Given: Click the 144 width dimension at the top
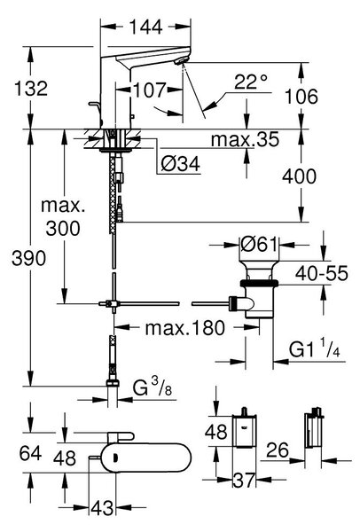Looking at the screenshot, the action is click(x=145, y=27).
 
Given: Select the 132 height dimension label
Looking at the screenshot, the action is click(x=31, y=89).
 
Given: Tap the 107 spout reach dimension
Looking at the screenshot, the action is click(x=150, y=90).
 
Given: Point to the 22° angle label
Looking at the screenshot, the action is click(x=251, y=82).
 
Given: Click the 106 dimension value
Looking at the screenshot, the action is click(x=301, y=97).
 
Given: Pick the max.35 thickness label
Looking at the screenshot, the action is click(x=245, y=139).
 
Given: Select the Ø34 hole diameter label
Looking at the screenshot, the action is click(x=181, y=164).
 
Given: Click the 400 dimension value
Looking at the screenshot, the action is click(x=300, y=176).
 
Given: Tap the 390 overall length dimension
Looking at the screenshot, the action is click(x=28, y=259).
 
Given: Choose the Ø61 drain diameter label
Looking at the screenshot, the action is click(x=259, y=244).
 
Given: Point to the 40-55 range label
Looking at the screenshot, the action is click(x=322, y=273).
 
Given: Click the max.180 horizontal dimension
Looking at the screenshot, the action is click(x=185, y=328).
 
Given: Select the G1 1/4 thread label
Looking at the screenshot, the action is click(x=314, y=348).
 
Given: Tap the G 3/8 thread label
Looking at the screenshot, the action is click(x=152, y=387).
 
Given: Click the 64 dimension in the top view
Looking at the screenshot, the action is click(x=30, y=453).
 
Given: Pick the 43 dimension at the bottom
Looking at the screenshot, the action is click(x=102, y=508).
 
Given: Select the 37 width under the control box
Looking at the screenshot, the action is click(x=244, y=481).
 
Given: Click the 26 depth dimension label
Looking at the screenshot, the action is click(x=278, y=450).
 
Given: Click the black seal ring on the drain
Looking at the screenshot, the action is click(x=259, y=283).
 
